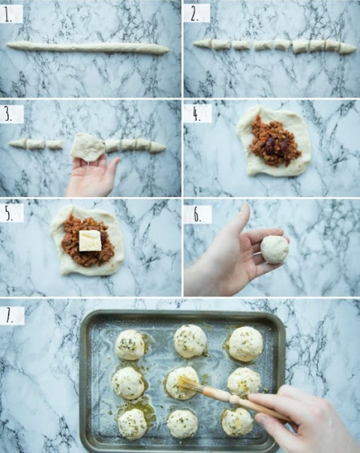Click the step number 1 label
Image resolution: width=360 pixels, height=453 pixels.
[x=8, y=15]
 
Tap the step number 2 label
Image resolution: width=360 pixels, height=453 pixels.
[x=194, y=14]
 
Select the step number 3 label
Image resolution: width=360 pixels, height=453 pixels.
[x=8, y=114]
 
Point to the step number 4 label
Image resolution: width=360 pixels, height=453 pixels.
[x=197, y=114]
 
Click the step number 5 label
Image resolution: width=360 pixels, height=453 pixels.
[x=8, y=213]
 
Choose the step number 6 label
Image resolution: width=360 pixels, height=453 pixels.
[x=197, y=214]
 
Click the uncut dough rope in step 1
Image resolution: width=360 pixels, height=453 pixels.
[x=88, y=48]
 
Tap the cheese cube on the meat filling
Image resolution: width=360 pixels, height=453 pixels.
[x=90, y=241]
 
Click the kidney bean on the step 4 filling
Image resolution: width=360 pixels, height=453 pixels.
[x=269, y=145]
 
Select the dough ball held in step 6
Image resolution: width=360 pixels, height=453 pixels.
[x=274, y=249]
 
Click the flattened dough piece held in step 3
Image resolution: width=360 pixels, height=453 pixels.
[x=88, y=147]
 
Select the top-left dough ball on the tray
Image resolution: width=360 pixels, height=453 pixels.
[x=130, y=345]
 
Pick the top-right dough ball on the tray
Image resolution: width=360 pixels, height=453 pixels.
[x=246, y=344]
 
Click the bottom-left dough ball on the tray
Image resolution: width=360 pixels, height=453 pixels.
[x=133, y=424]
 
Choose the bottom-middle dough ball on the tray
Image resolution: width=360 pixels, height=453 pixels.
[x=182, y=424]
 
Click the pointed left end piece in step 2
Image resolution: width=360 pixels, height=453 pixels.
[x=202, y=44]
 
